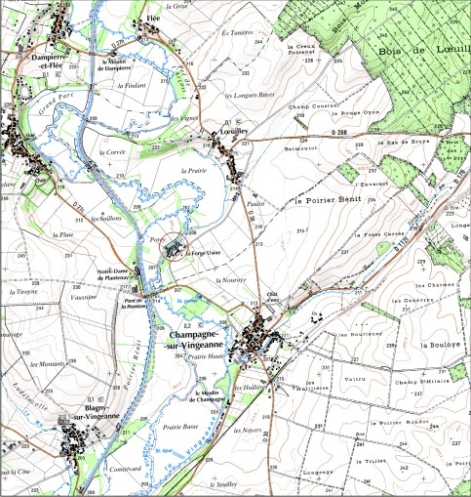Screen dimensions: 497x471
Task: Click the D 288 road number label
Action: [338, 131]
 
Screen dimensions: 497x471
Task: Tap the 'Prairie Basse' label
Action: [180, 427]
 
